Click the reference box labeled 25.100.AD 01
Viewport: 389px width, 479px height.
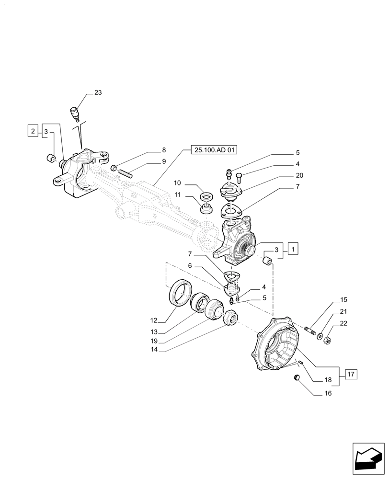coord(216,150)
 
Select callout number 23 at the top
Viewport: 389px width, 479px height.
coord(98,93)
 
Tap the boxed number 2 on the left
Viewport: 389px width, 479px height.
coord(33,131)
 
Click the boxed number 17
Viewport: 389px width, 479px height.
coord(351,375)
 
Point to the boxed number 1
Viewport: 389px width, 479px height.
coord(293,249)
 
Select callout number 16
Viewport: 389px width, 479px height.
coord(328,394)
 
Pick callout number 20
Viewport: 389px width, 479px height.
coord(299,175)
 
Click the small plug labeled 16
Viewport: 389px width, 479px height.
coord(297,378)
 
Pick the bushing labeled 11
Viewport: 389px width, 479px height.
coord(206,209)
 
